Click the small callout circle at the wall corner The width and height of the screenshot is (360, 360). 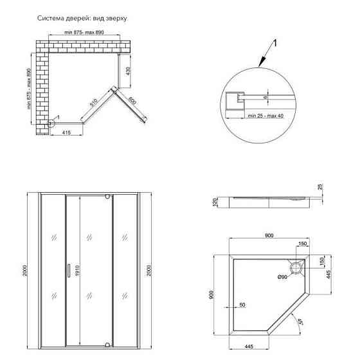pos(51,123)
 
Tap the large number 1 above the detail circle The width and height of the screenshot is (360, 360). pos(274,44)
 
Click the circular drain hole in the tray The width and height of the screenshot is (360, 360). pos(296,265)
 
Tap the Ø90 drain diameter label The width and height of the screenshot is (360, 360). pos(282,277)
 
